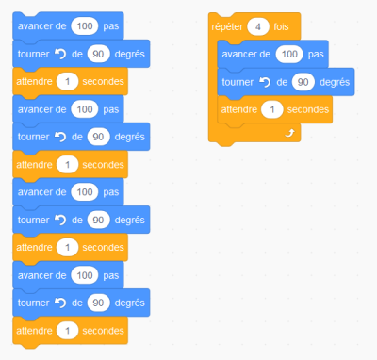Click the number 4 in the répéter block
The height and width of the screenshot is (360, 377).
259,26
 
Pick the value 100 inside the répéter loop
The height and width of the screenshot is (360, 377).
290,54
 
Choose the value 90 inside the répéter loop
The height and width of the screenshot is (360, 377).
303,82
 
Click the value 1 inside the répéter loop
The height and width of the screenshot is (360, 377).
271,110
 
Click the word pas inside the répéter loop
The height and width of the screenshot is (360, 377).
316,54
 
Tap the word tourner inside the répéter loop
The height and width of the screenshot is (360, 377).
238,82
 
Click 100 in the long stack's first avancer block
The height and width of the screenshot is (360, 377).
84,25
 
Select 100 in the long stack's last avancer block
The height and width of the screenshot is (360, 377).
84,275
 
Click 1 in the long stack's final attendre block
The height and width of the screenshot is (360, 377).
65,332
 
